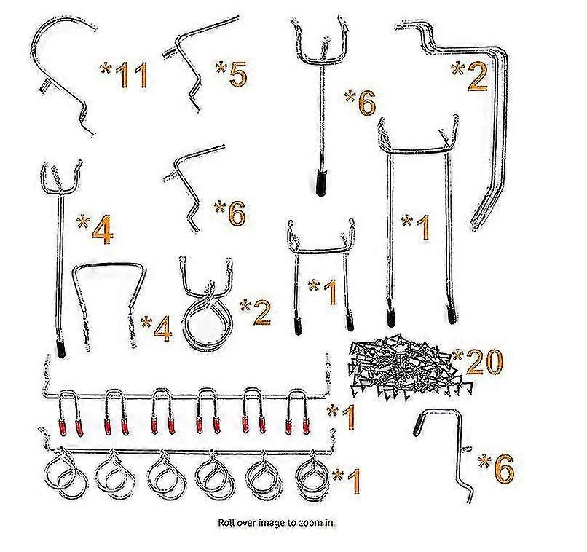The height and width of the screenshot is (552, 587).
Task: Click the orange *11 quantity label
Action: pos(124,76)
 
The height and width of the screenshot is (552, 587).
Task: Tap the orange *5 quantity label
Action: pos(231,74)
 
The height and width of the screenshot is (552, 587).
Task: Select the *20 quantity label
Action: pos(478,362)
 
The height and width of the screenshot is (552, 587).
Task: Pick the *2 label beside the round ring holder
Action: pos(256,312)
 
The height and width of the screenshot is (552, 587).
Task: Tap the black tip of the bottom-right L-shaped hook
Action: pos(417,426)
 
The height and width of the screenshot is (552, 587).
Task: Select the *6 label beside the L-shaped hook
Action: pos(496,468)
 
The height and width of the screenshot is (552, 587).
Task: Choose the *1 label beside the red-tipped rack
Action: pos(341,417)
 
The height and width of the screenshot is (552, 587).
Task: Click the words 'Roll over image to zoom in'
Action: pos(276,522)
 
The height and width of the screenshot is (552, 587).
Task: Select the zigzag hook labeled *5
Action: pos(200,63)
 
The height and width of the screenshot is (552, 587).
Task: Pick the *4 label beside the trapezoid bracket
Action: pos(156,328)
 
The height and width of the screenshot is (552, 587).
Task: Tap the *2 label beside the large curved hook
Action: pos(470,77)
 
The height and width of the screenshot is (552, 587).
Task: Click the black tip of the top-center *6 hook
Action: pos(321,183)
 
